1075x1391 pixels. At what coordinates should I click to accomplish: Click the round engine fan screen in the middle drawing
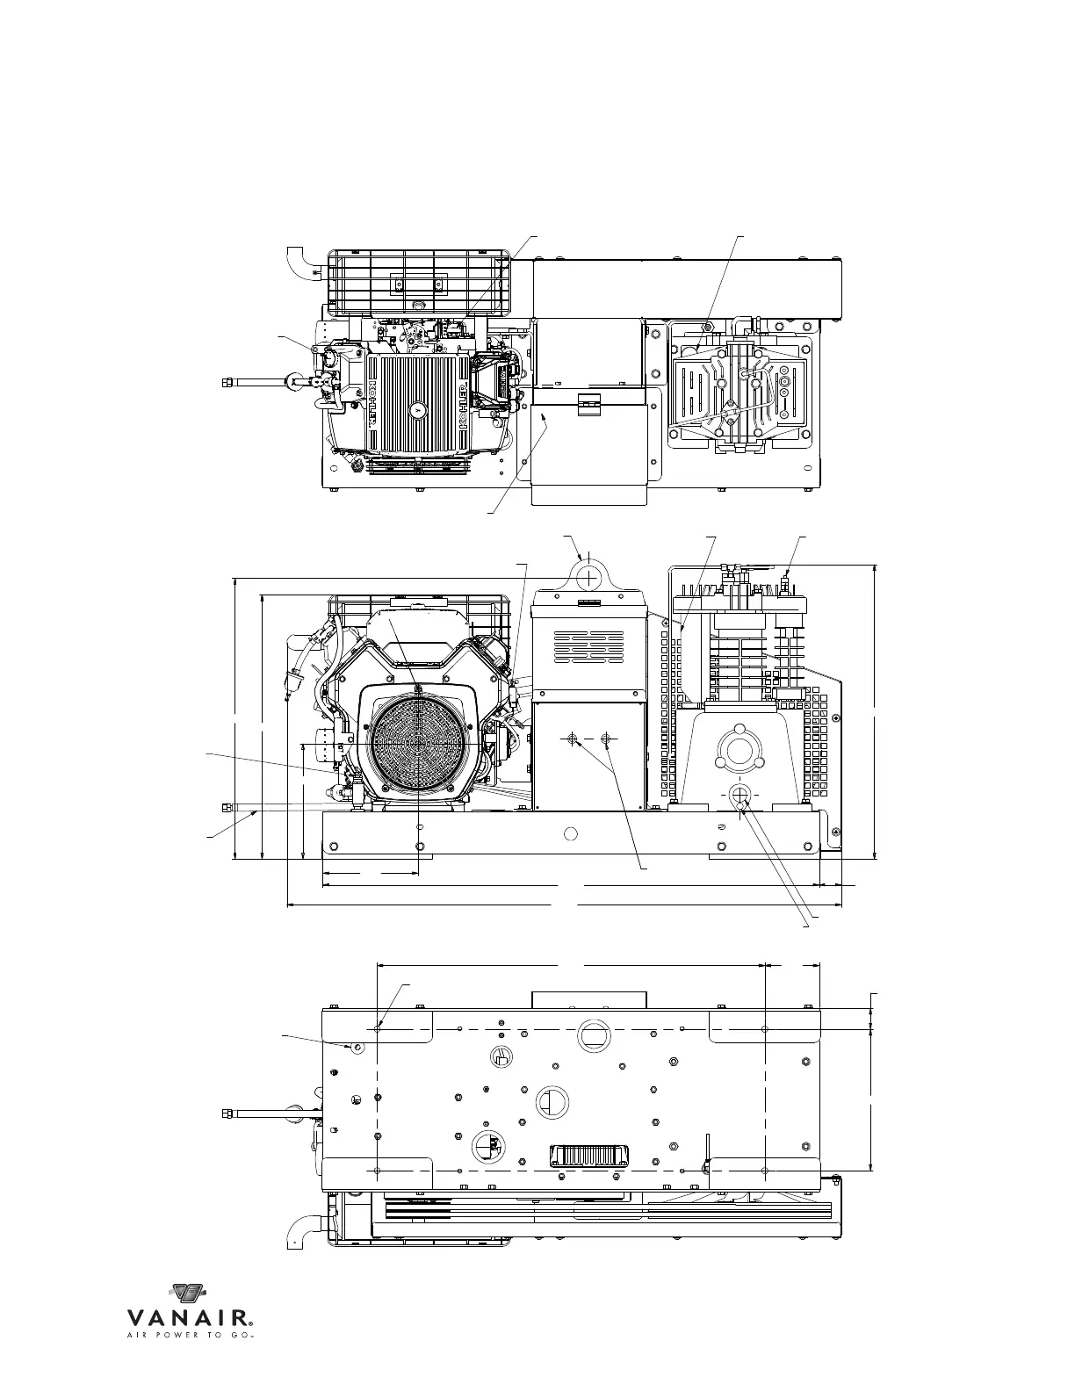tap(420, 743)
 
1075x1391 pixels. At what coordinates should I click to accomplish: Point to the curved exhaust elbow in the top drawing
tap(299, 262)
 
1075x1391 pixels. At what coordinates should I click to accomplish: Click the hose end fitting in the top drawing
tap(227, 382)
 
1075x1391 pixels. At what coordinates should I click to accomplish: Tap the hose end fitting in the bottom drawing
tap(227, 1114)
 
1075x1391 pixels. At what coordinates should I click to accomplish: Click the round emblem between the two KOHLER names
tap(417, 409)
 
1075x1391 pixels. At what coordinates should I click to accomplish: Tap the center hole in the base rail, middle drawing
tap(572, 832)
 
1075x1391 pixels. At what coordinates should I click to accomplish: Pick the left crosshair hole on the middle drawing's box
tap(573, 740)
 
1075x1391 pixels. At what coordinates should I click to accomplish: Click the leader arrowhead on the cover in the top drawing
tap(545, 423)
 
